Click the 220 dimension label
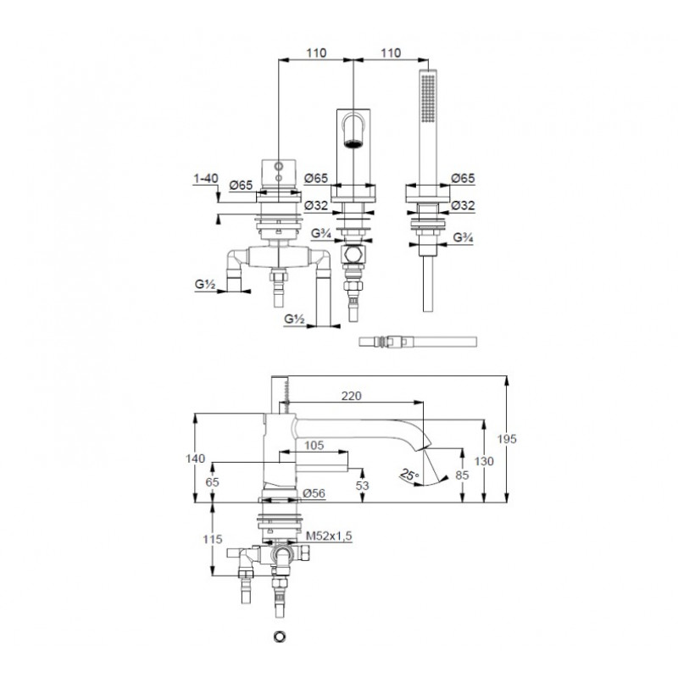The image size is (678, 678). (x=351, y=396)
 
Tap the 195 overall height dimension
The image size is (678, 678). (x=507, y=439)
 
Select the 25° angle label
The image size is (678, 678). (x=409, y=475)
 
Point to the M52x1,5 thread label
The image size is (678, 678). (x=329, y=536)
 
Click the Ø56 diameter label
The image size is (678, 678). (x=314, y=493)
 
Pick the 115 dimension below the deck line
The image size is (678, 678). (x=213, y=539)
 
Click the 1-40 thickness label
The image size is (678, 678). (x=206, y=178)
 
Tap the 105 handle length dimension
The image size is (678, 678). (x=314, y=445)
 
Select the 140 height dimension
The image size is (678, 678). (x=196, y=458)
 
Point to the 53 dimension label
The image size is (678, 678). (x=363, y=485)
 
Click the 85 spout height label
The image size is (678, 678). (x=462, y=475)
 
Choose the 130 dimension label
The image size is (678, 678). (x=483, y=461)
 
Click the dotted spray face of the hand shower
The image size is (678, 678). (x=429, y=99)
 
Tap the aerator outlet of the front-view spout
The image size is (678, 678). (x=353, y=143)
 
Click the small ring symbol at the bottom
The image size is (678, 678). (x=280, y=636)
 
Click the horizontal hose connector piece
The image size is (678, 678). (x=418, y=342)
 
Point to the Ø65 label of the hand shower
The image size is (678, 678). (x=463, y=178)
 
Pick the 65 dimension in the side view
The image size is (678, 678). (x=213, y=482)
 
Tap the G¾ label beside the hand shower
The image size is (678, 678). (x=463, y=237)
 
